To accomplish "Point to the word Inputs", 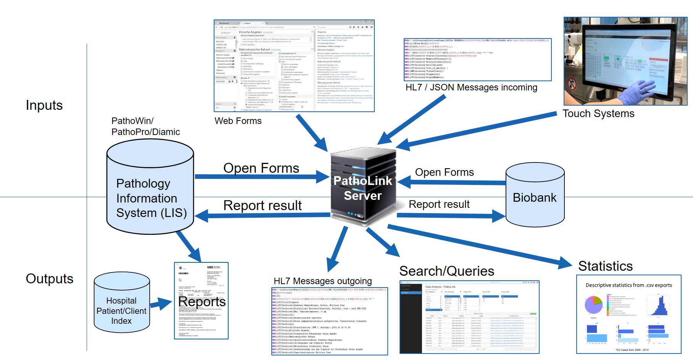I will (x=44, y=105).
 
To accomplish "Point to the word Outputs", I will (x=49, y=279).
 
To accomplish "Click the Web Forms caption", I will (x=238, y=121).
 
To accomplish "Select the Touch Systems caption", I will (x=598, y=114).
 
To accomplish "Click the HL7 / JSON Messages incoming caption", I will (x=471, y=87).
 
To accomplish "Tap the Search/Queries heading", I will (x=446, y=271).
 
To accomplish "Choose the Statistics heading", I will (x=605, y=266).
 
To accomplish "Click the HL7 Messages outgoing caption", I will (x=322, y=281).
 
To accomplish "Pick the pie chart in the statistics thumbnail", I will (x=593, y=305).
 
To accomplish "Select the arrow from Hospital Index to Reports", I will (x=160, y=304).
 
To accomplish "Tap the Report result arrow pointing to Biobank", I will (x=450, y=216).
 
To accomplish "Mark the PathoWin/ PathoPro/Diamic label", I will (x=145, y=126).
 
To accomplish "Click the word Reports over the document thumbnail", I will (x=201, y=302).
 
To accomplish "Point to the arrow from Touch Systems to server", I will (x=477, y=130).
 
